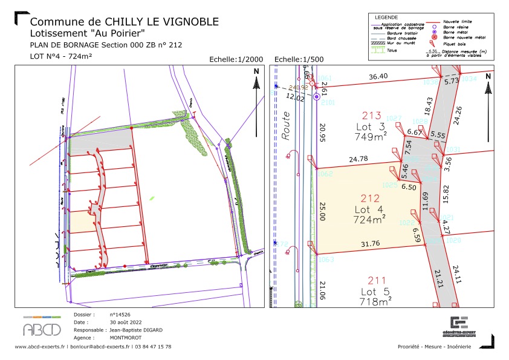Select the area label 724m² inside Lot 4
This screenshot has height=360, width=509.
click(371, 219)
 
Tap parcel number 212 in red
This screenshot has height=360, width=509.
click(370, 198)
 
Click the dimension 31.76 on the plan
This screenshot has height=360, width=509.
click(368, 244)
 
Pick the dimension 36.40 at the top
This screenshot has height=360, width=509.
click(378, 77)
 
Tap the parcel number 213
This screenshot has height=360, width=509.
click(371, 116)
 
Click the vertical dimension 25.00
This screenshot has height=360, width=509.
click(322, 212)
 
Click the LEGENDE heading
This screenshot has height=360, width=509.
click(387, 17)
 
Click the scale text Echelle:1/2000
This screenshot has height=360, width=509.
click(236, 59)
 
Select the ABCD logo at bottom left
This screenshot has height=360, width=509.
click(42, 328)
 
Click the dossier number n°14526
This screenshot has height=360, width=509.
click(121, 315)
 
